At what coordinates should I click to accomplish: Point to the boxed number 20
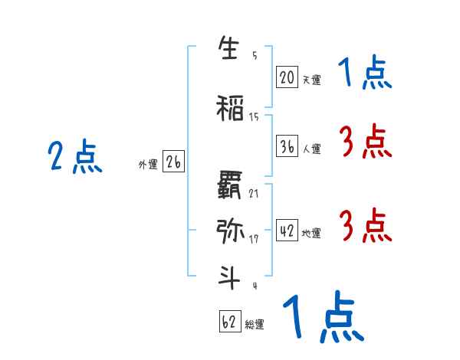[x=287, y=77]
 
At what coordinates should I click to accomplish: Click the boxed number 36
[x=287, y=147]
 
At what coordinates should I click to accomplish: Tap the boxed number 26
[x=173, y=162]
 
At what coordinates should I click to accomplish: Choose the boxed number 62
[x=229, y=322]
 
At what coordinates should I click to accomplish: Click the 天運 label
[x=311, y=79]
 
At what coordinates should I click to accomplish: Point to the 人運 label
[x=311, y=149]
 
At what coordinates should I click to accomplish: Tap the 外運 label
[x=147, y=164]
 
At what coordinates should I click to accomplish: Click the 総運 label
[x=255, y=325]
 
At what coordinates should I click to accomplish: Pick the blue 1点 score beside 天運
[x=365, y=74]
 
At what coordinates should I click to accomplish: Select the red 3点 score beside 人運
[x=365, y=142]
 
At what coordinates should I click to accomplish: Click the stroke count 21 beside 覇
[x=254, y=193]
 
